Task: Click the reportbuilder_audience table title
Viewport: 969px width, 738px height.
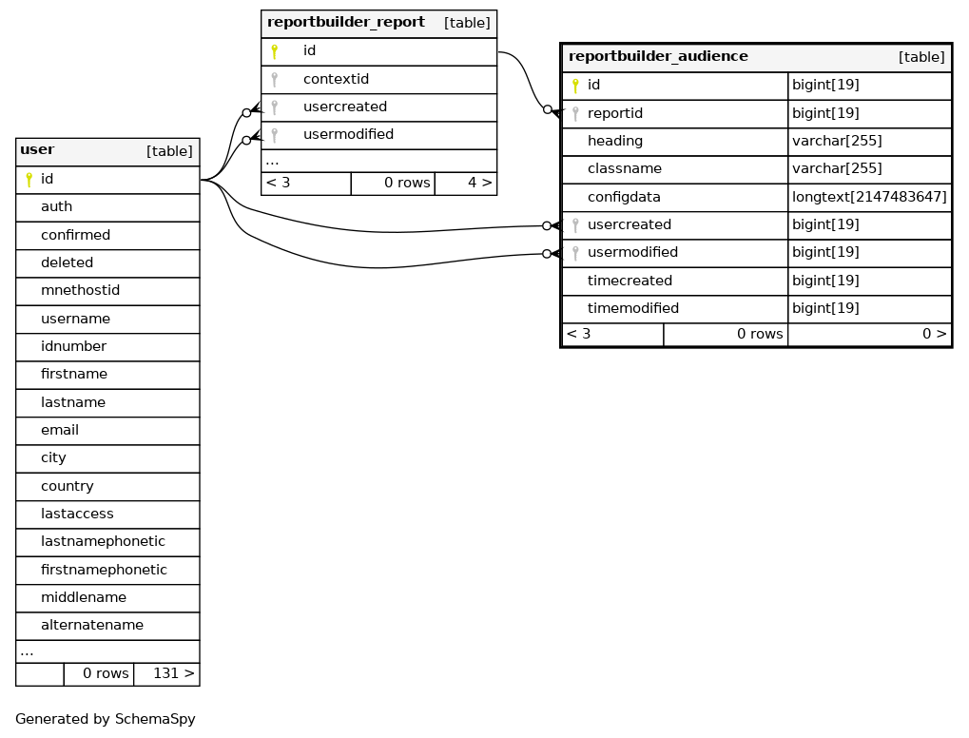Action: click(x=658, y=56)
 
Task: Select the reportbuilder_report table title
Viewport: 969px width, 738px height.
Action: click(x=346, y=22)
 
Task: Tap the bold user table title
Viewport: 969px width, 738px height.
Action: click(x=37, y=149)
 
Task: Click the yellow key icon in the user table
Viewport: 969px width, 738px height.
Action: click(x=29, y=179)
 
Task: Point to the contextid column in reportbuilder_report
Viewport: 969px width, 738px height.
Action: click(x=336, y=79)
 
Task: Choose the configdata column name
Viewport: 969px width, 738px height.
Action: click(x=624, y=197)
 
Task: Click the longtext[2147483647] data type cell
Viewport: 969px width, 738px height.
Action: click(x=869, y=197)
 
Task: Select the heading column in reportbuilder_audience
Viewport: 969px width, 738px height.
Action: click(x=615, y=141)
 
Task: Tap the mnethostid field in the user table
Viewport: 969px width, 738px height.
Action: click(x=80, y=290)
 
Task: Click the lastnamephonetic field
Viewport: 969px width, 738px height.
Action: click(x=104, y=541)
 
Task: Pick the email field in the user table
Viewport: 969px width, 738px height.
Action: click(x=60, y=430)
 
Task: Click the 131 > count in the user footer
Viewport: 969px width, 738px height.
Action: click(x=174, y=673)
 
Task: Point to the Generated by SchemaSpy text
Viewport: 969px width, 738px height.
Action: click(x=105, y=719)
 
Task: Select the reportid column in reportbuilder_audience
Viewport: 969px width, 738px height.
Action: click(x=615, y=113)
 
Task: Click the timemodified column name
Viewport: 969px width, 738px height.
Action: click(x=632, y=308)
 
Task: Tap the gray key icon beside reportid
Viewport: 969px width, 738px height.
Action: click(x=575, y=114)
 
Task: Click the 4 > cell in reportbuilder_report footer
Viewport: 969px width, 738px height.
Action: click(x=480, y=183)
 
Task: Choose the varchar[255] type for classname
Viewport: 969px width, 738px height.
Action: click(x=837, y=168)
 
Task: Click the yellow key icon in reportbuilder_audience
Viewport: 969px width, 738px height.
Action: click(x=575, y=86)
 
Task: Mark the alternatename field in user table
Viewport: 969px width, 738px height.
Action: click(x=92, y=625)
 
